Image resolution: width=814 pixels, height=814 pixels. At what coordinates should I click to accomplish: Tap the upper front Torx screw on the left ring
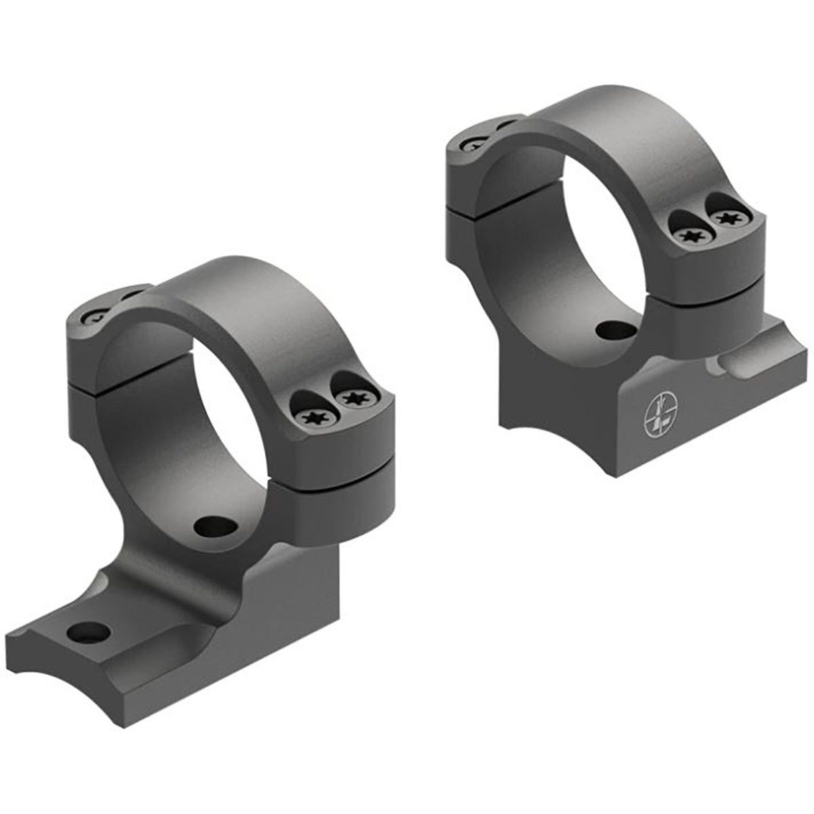353,398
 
